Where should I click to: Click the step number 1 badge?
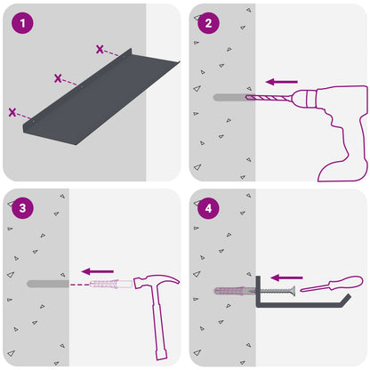coord(22,23)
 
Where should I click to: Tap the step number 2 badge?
coord(208,23)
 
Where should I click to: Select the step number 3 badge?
coord(22,208)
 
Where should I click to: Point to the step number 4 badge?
coord(208,208)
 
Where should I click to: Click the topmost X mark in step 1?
coord(100,49)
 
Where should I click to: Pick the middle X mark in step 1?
coord(58,78)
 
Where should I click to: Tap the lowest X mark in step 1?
coord(12,112)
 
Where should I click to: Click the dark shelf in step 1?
coord(101,98)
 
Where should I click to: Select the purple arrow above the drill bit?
coord(282,82)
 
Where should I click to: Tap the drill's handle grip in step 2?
coord(344,149)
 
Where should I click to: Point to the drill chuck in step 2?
coord(304,98)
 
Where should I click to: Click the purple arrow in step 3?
coord(98,271)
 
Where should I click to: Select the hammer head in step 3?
coord(156,281)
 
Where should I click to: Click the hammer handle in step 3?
coord(159,323)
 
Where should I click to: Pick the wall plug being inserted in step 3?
coord(111,284)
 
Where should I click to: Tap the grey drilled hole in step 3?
coord(48,284)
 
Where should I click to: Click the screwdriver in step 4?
coord(332,284)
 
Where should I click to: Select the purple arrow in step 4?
coord(286,277)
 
